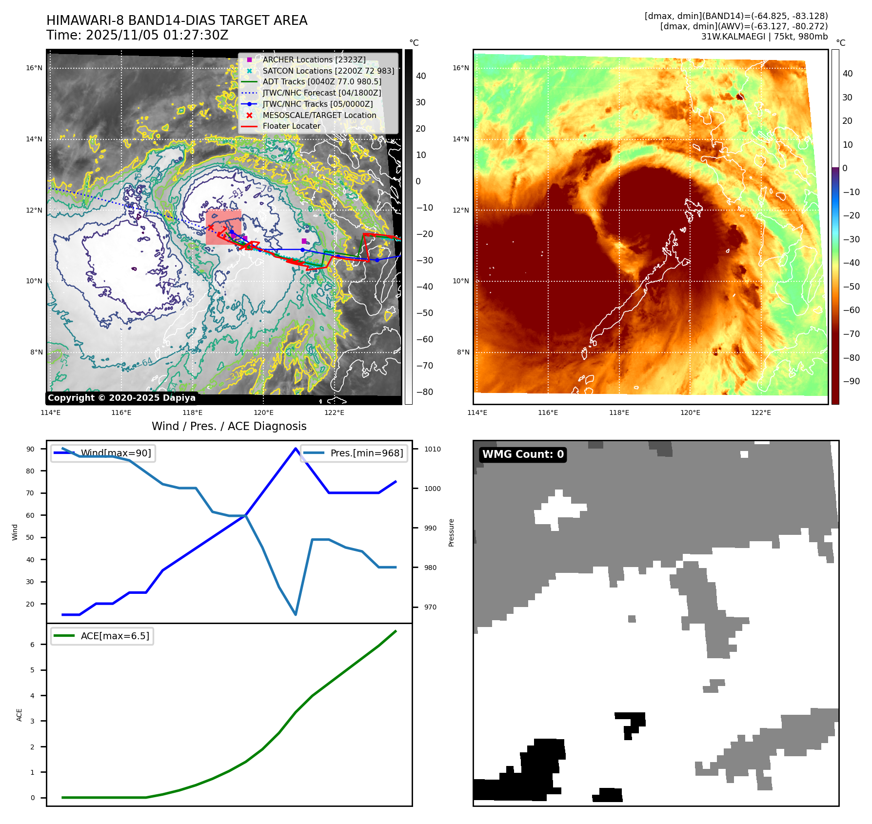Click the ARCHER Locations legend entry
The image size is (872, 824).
pyautogui.click(x=314, y=59)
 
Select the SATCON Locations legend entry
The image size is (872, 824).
pyautogui.click(x=328, y=71)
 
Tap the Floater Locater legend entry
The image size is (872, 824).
pyautogui.click(x=291, y=126)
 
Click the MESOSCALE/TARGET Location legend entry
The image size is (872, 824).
pyautogui.click(x=319, y=115)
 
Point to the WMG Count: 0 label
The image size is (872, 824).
pyautogui.click(x=523, y=454)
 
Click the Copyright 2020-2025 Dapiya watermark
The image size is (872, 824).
pyautogui.click(x=121, y=398)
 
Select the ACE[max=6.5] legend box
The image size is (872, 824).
pyautogui.click(x=102, y=636)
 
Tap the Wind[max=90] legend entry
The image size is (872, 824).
pyautogui.click(x=116, y=453)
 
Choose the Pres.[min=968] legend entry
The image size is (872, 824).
pyautogui.click(x=366, y=453)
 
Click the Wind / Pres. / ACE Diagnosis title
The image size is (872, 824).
pyautogui.click(x=229, y=426)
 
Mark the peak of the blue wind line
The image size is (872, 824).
pyautogui.click(x=296, y=449)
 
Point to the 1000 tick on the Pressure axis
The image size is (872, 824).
pyautogui.click(x=432, y=489)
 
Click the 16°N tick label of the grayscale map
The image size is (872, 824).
pyautogui.click(x=34, y=68)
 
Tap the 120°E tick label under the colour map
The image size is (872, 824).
pyautogui.click(x=690, y=412)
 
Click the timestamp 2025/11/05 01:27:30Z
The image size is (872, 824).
pyautogui.click(x=157, y=35)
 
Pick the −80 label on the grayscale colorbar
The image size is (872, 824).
pyautogui.click(x=424, y=392)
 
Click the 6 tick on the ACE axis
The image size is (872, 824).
pyautogui.click(x=33, y=645)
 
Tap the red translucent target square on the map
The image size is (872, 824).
pyautogui.click(x=223, y=227)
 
